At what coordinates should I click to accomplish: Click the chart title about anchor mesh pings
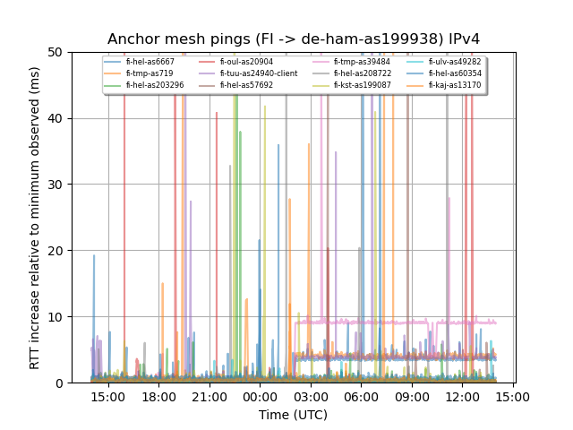tap(293, 39)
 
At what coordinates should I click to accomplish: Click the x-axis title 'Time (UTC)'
tap(293, 415)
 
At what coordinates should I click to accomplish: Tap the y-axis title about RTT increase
tap(35, 217)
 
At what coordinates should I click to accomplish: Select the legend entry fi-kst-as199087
tap(362, 85)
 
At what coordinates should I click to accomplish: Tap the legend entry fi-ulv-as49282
tap(454, 62)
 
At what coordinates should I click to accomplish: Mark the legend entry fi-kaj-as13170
tap(454, 85)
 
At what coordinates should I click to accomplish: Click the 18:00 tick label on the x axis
tap(158, 396)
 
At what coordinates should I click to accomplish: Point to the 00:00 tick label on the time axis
tap(260, 396)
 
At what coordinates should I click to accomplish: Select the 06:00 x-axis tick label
tap(361, 396)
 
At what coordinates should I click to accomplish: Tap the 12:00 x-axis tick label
tap(461, 396)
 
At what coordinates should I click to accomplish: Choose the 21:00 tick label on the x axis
tap(210, 396)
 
